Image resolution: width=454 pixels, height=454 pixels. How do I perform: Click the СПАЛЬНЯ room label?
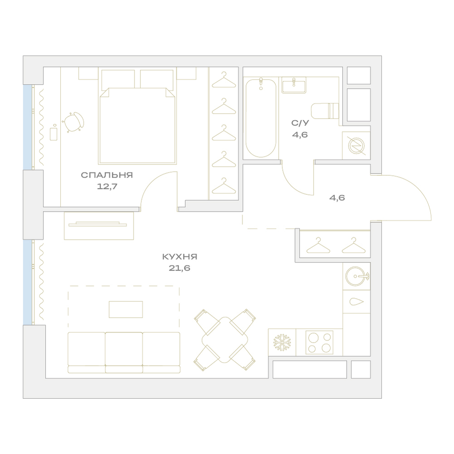pos(107,175)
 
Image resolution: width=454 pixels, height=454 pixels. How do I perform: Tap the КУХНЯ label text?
pos(179,257)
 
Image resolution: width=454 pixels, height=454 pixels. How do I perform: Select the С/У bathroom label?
pos(300,123)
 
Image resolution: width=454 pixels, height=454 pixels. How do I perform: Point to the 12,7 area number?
pos(107,187)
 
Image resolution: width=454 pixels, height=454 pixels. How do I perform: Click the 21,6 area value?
pos(179,268)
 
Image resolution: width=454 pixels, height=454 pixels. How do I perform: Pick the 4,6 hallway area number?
pos(337,198)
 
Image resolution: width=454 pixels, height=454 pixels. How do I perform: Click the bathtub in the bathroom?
pos(261,118)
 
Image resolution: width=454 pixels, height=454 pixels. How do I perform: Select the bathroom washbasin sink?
pos(294,85)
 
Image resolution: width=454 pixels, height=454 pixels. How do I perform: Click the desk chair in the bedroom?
pos(74,122)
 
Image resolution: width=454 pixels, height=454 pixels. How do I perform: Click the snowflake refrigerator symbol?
pos(282,342)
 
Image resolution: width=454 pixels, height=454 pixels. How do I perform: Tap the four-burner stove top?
pos(319,342)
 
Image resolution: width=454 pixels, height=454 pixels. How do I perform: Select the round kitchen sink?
pos(355,276)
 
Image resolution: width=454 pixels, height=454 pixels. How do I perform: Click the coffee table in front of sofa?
pos(126,309)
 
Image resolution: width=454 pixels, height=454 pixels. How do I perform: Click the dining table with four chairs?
pos(225,340)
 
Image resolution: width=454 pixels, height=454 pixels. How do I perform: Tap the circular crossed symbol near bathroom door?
pos(356,146)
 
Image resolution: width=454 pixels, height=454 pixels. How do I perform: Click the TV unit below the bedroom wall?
pos(99,226)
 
